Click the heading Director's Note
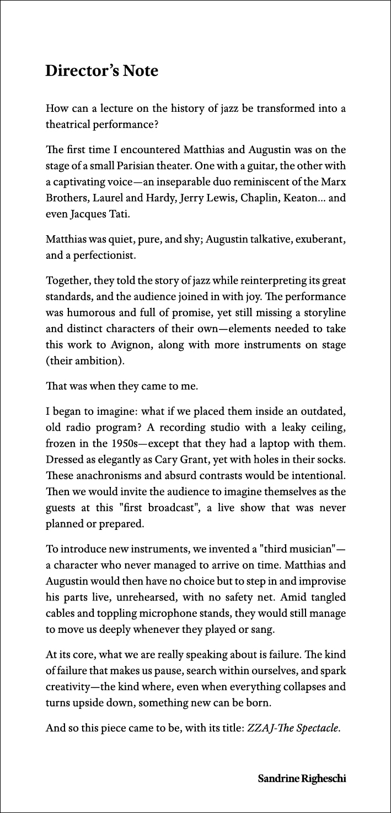[101, 71]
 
